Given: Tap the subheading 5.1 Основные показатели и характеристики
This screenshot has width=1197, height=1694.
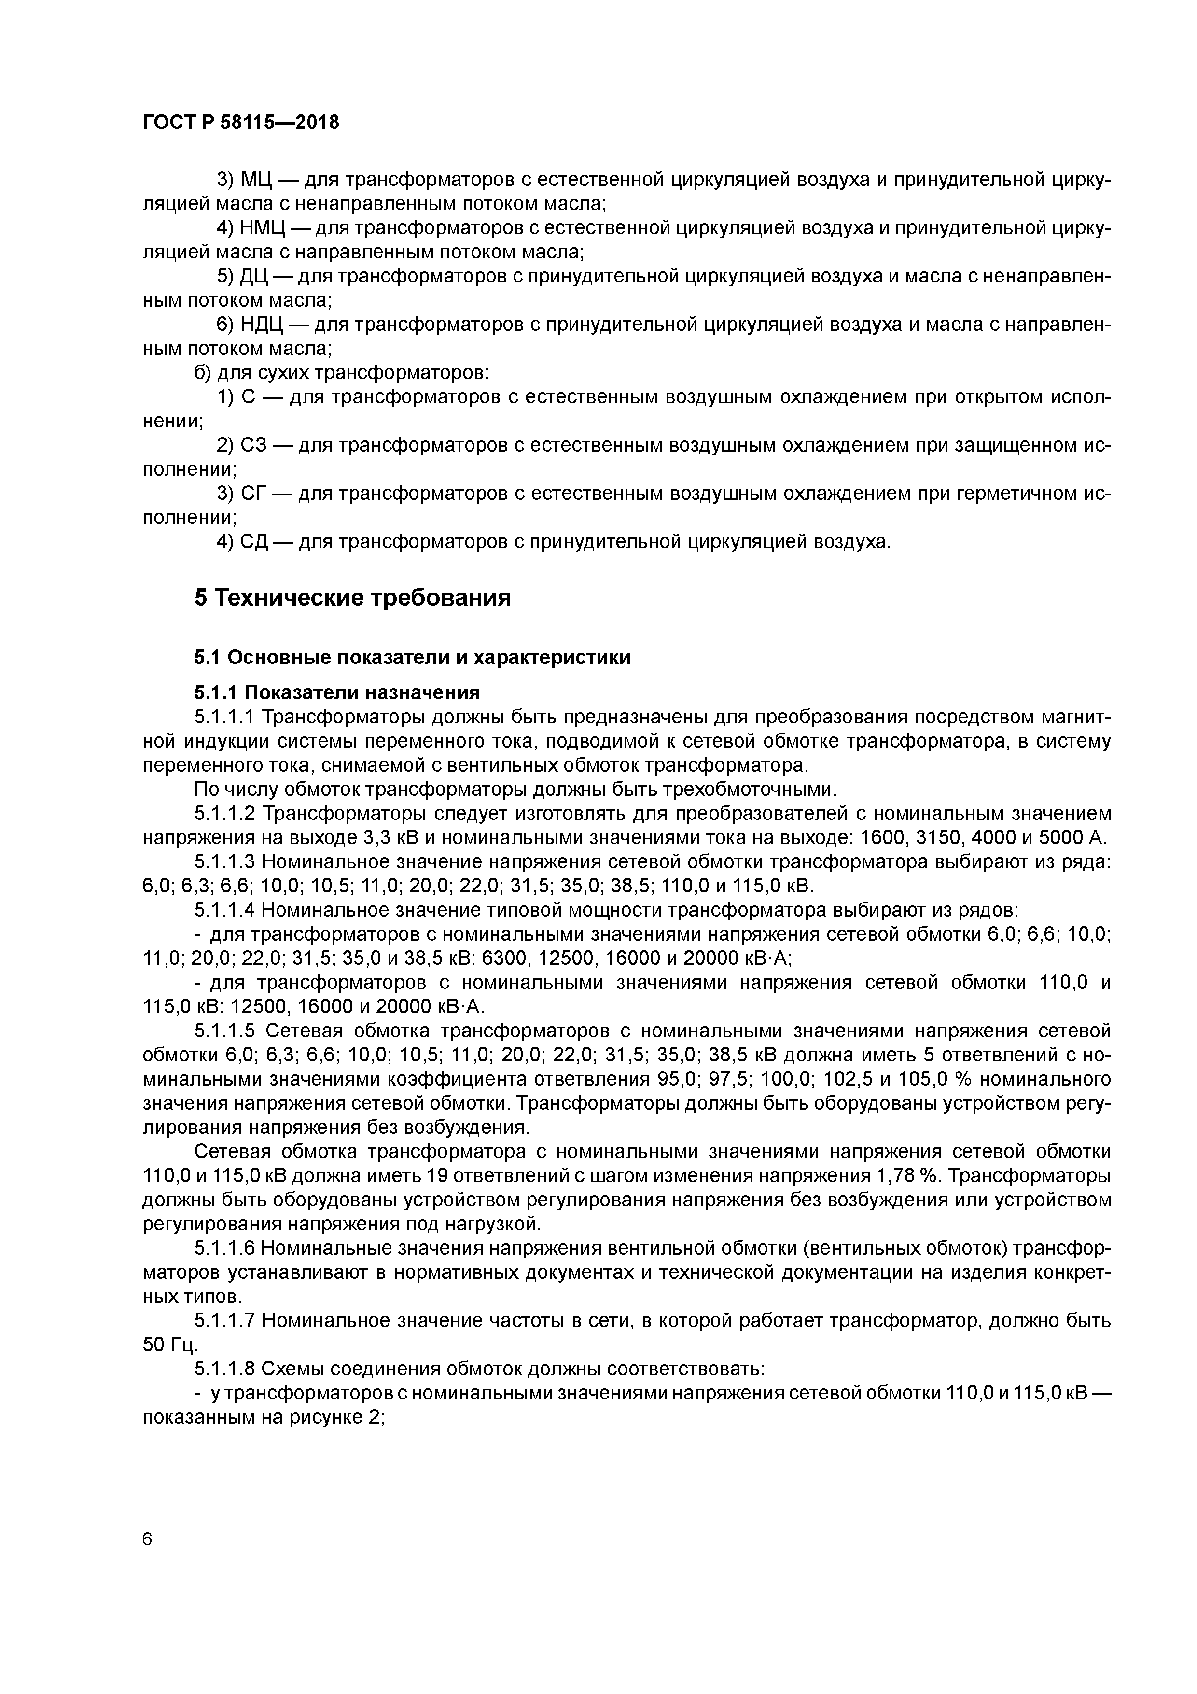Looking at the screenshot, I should coord(412,657).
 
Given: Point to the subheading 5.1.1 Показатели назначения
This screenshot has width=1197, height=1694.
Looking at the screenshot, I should coord(337,692).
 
